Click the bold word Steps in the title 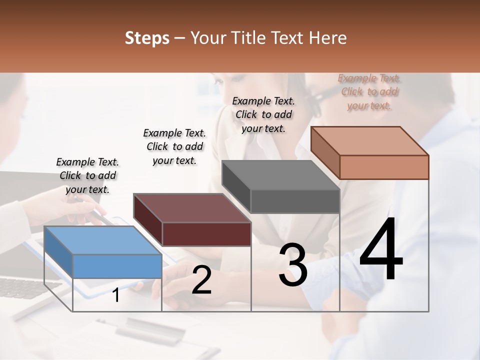(x=147, y=38)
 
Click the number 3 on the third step (x=293, y=265)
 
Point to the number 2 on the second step (x=201, y=280)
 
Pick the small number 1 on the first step (x=116, y=295)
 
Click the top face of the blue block (x=102, y=240)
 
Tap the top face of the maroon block (x=191, y=208)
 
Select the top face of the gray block (x=280, y=175)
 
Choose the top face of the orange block (x=369, y=141)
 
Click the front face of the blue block (x=117, y=266)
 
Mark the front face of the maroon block (x=206, y=234)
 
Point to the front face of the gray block (x=295, y=201)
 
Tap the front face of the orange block (x=384, y=167)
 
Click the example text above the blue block (x=87, y=175)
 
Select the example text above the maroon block (x=174, y=146)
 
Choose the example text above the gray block (x=263, y=114)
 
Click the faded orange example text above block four (x=369, y=91)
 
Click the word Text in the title (x=285, y=38)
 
